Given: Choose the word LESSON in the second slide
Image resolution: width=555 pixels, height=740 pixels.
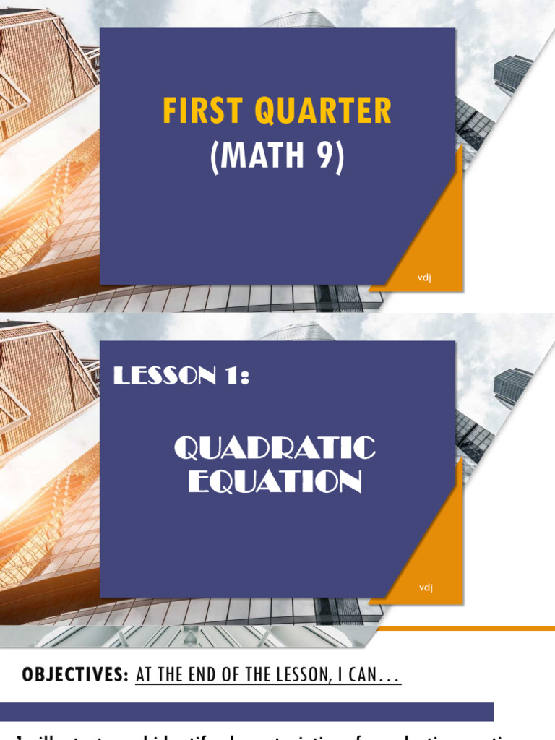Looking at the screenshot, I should pos(160,376).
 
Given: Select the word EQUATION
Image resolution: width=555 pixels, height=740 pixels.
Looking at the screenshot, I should pos(275,481).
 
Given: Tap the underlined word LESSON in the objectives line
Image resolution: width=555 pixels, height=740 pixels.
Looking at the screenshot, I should pos(308,676).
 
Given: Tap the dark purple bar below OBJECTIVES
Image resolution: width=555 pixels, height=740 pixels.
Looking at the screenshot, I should pos(246,712).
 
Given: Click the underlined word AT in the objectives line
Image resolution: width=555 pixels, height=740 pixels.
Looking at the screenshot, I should pos(143,676).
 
